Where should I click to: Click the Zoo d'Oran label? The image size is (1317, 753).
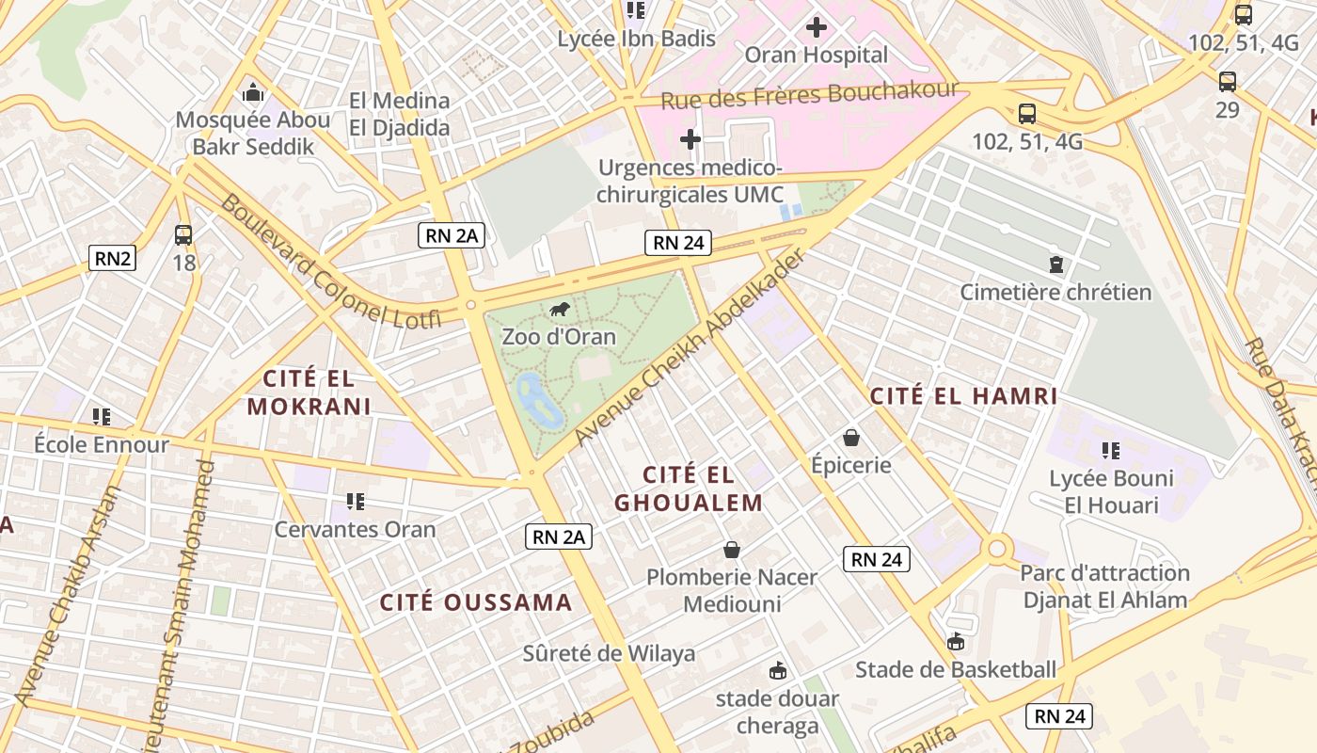point(559,337)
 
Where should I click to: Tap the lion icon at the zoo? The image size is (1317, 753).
point(560,310)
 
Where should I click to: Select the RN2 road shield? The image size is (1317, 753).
point(112,258)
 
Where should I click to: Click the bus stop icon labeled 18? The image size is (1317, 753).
point(183,235)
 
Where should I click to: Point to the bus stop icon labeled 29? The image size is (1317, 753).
point(1227,82)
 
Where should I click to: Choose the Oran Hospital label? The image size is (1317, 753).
point(816,55)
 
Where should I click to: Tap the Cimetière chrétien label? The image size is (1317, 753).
point(1055,292)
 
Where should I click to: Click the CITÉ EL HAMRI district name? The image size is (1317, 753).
point(964,396)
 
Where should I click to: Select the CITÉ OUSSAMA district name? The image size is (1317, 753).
point(476,602)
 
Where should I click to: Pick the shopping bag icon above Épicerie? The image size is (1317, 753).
point(851,438)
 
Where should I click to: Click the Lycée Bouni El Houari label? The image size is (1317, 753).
point(1111,491)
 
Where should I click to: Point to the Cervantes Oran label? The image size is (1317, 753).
point(355,529)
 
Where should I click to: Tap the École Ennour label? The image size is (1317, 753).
point(102,444)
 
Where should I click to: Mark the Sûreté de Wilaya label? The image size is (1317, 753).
point(609,653)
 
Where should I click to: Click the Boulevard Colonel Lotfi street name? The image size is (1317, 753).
point(330,261)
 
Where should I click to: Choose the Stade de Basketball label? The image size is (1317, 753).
point(956,670)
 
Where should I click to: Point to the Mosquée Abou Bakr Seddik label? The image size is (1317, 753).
point(253,133)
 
